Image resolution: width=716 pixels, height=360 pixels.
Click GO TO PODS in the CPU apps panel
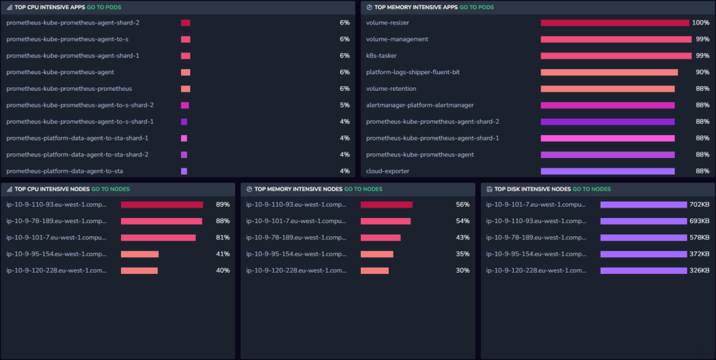pos(104,7)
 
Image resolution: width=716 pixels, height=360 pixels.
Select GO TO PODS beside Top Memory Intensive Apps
pos(477,7)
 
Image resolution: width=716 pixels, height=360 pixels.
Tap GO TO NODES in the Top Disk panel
pos(592,189)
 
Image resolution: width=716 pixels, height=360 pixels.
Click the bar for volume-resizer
pos(615,23)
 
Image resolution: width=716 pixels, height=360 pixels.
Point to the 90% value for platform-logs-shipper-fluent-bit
pos(702,72)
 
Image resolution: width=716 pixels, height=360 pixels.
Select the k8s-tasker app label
pos(381,56)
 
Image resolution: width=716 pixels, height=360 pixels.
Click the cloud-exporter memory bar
pos(608,171)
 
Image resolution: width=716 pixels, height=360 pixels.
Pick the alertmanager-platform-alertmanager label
pos(420,105)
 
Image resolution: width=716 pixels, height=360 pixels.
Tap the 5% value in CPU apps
pos(345,105)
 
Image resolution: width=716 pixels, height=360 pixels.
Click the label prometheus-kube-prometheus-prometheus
pos(69,89)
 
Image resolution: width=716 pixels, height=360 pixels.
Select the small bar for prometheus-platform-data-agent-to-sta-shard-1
pos(184,138)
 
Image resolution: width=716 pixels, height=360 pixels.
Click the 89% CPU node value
pos(223,204)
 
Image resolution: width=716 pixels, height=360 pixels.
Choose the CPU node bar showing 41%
pos(140,254)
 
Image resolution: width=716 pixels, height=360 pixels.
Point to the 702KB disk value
pos(699,204)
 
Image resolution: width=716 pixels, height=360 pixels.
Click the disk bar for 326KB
pos(644,271)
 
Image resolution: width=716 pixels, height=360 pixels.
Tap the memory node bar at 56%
pos(387,204)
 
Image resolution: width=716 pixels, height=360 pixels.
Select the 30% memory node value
pos(463,271)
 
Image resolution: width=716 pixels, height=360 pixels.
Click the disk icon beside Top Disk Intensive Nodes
pos(489,189)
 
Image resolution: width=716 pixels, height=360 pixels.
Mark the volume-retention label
pos(391,89)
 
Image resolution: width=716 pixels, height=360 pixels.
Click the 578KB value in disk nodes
pos(699,238)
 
